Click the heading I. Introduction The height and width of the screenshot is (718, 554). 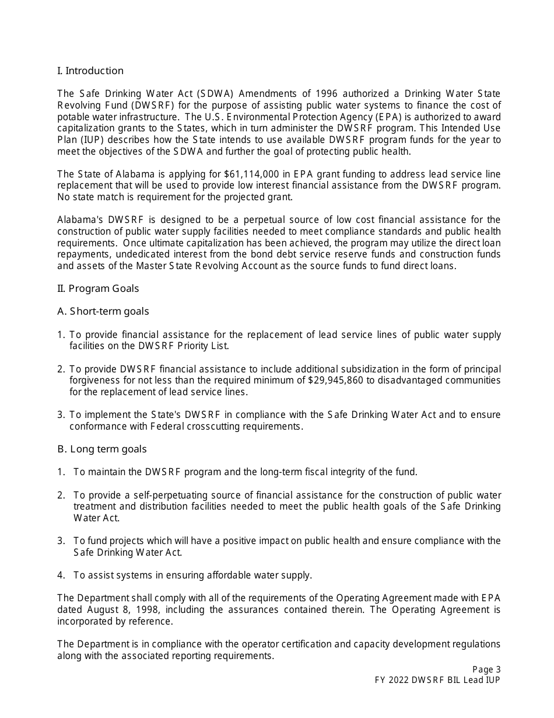point(90,71)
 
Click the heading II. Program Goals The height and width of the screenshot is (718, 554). point(98,288)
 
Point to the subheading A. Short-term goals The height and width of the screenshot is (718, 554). point(103,311)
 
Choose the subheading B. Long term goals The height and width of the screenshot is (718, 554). point(102,449)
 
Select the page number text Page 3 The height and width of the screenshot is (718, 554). point(486,670)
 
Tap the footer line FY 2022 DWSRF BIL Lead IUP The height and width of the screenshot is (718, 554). point(437,680)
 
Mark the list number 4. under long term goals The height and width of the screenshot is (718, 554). point(61,575)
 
